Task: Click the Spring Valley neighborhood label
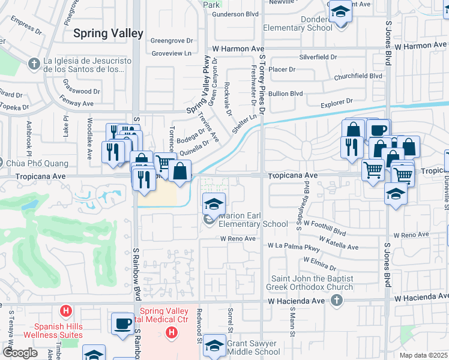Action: point(108,33)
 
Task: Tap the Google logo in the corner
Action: point(20,353)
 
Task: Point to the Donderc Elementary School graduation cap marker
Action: point(340,12)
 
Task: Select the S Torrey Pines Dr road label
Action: point(262,84)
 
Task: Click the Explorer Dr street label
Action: point(337,103)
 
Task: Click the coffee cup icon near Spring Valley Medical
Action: point(122,323)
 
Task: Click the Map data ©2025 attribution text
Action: point(424,355)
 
